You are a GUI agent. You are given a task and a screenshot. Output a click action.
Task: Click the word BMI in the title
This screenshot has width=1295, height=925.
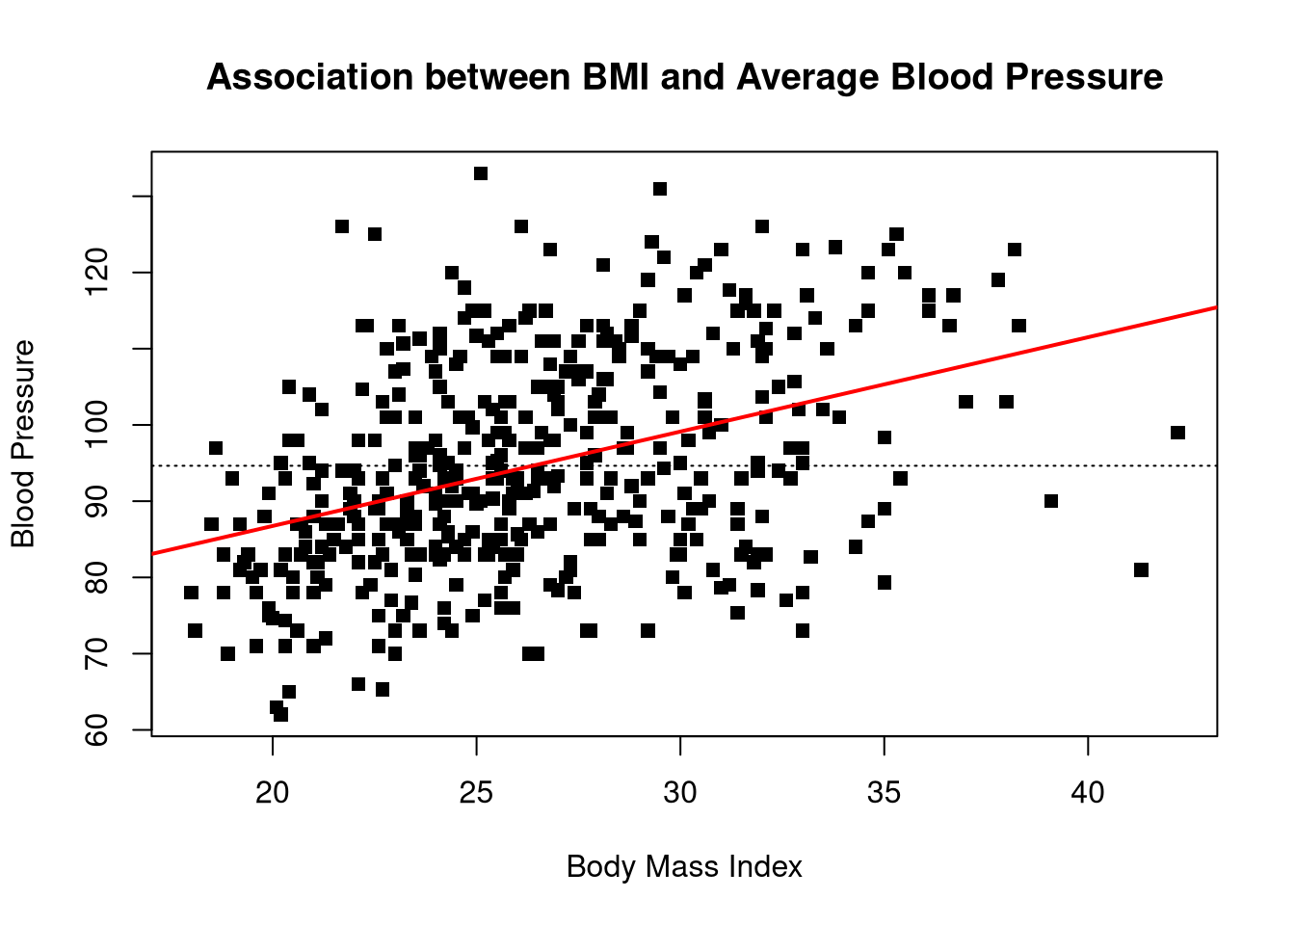(x=616, y=77)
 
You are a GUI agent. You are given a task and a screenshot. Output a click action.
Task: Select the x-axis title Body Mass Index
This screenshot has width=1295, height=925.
(x=684, y=867)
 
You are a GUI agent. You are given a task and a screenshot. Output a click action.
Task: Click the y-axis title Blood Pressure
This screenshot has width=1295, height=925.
(x=23, y=443)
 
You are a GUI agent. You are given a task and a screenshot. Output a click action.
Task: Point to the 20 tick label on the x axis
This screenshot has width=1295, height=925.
(x=273, y=793)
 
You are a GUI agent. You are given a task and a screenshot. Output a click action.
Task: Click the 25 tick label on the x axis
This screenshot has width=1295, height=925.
(x=477, y=793)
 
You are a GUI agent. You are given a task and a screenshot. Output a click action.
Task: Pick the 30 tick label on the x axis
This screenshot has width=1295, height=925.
(x=680, y=793)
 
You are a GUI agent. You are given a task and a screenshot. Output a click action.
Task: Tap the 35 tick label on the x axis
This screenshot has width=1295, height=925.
(x=885, y=793)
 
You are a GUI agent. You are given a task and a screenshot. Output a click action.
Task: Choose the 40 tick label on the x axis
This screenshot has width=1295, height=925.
(x=1088, y=793)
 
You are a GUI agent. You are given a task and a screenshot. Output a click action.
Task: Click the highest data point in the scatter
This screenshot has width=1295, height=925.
(x=481, y=173)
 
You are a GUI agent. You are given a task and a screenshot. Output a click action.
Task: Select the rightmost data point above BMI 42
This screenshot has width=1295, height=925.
(x=1177, y=433)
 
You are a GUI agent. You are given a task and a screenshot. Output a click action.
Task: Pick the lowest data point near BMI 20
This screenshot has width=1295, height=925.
(x=280, y=714)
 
